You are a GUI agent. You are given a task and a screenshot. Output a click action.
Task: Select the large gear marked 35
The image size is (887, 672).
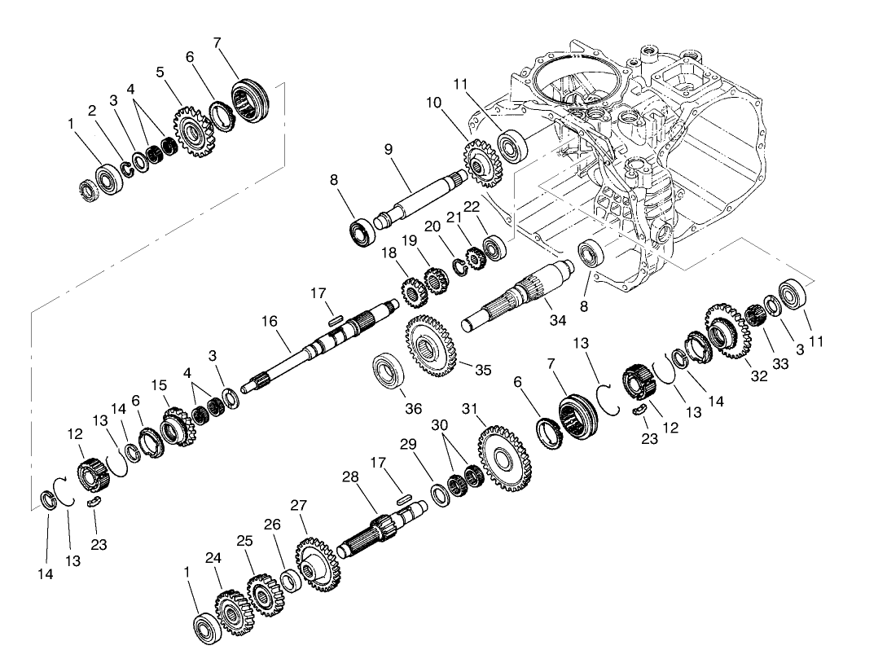click(x=431, y=349)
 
